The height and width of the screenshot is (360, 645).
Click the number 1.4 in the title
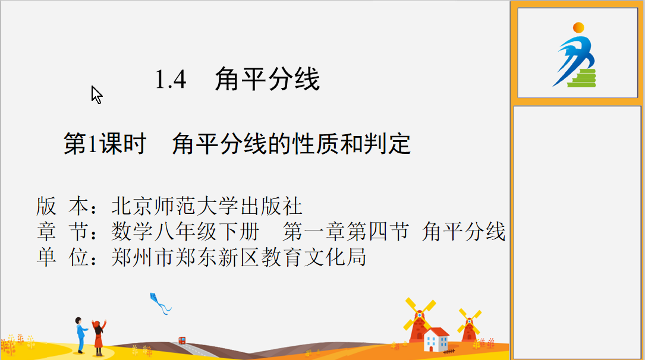pos(171,80)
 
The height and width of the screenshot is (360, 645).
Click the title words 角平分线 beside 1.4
pos(268,79)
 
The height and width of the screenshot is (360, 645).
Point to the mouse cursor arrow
pos(97,94)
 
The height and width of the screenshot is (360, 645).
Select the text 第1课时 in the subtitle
pos(105,144)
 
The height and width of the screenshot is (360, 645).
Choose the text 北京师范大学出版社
pos(207,206)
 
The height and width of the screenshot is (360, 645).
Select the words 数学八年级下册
pos(185,231)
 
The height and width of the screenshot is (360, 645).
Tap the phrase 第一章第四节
pos(345,231)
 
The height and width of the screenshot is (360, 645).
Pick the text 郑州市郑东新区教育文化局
pos(238,257)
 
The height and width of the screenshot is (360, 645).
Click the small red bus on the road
pos(182,340)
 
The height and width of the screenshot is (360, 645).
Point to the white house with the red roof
pos(436,339)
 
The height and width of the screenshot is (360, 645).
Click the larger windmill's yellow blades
pos(420,314)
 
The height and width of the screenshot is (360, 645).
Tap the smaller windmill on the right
pos(470,326)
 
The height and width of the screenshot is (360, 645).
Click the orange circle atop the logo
pos(578,27)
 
